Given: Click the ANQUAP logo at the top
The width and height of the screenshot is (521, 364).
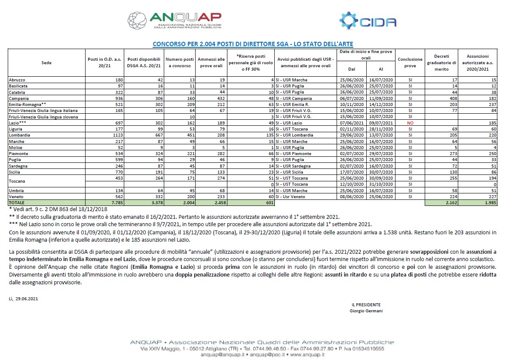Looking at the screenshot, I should click(x=175, y=20).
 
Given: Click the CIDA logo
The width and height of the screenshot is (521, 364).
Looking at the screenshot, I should click(x=368, y=22).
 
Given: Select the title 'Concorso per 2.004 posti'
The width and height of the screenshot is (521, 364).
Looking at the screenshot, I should click(x=253, y=44).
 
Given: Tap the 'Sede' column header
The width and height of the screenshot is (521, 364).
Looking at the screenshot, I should click(x=46, y=63).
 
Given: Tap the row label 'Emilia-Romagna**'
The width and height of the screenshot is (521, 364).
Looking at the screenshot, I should click(x=25, y=105).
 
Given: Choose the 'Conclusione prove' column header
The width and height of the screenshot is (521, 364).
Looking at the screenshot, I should click(x=411, y=63).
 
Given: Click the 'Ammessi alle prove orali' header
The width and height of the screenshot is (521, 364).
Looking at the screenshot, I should click(x=211, y=63).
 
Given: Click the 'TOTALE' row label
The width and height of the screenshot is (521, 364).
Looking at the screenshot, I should click(x=17, y=202).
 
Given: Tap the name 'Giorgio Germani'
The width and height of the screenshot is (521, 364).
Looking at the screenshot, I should click(x=366, y=311).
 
